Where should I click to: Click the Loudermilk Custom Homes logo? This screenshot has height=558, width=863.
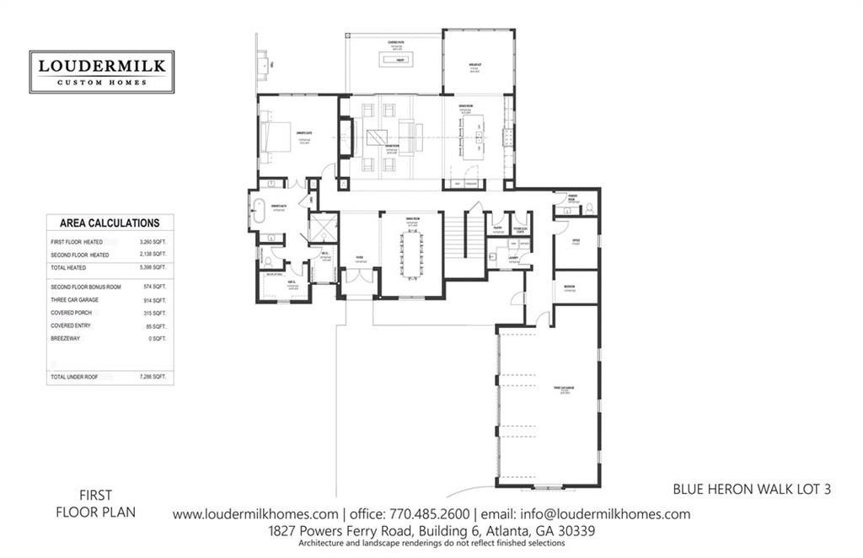coord(101,72)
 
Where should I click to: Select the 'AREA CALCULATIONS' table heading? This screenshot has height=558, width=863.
coord(110,223)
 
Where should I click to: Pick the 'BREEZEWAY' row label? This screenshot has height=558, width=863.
coord(68,338)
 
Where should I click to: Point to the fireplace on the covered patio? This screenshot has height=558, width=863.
coord(394,60)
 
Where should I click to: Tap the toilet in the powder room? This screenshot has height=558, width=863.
coord(589,207)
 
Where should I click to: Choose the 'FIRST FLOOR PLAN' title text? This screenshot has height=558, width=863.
coord(95,503)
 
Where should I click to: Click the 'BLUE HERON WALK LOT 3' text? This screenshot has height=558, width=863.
coord(752,488)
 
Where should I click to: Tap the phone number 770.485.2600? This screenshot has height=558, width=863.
coord(428,514)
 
